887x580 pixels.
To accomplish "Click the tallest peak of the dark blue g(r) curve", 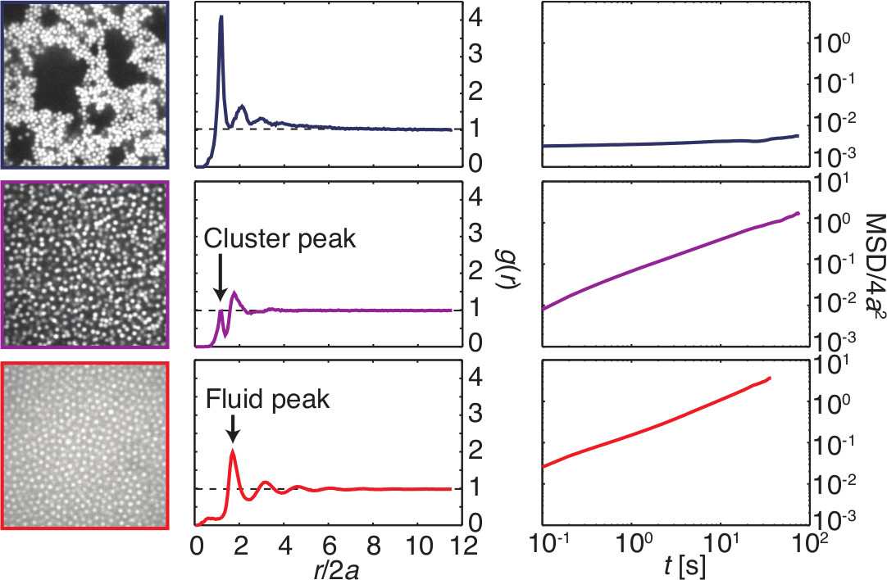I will pyautogui.click(x=221, y=17).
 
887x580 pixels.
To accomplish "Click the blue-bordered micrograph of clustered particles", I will pyautogui.click(x=85, y=84).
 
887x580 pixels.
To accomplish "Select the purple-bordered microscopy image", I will pyautogui.click(x=85, y=265).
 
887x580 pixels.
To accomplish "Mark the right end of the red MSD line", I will pyautogui.click(x=770, y=378).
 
